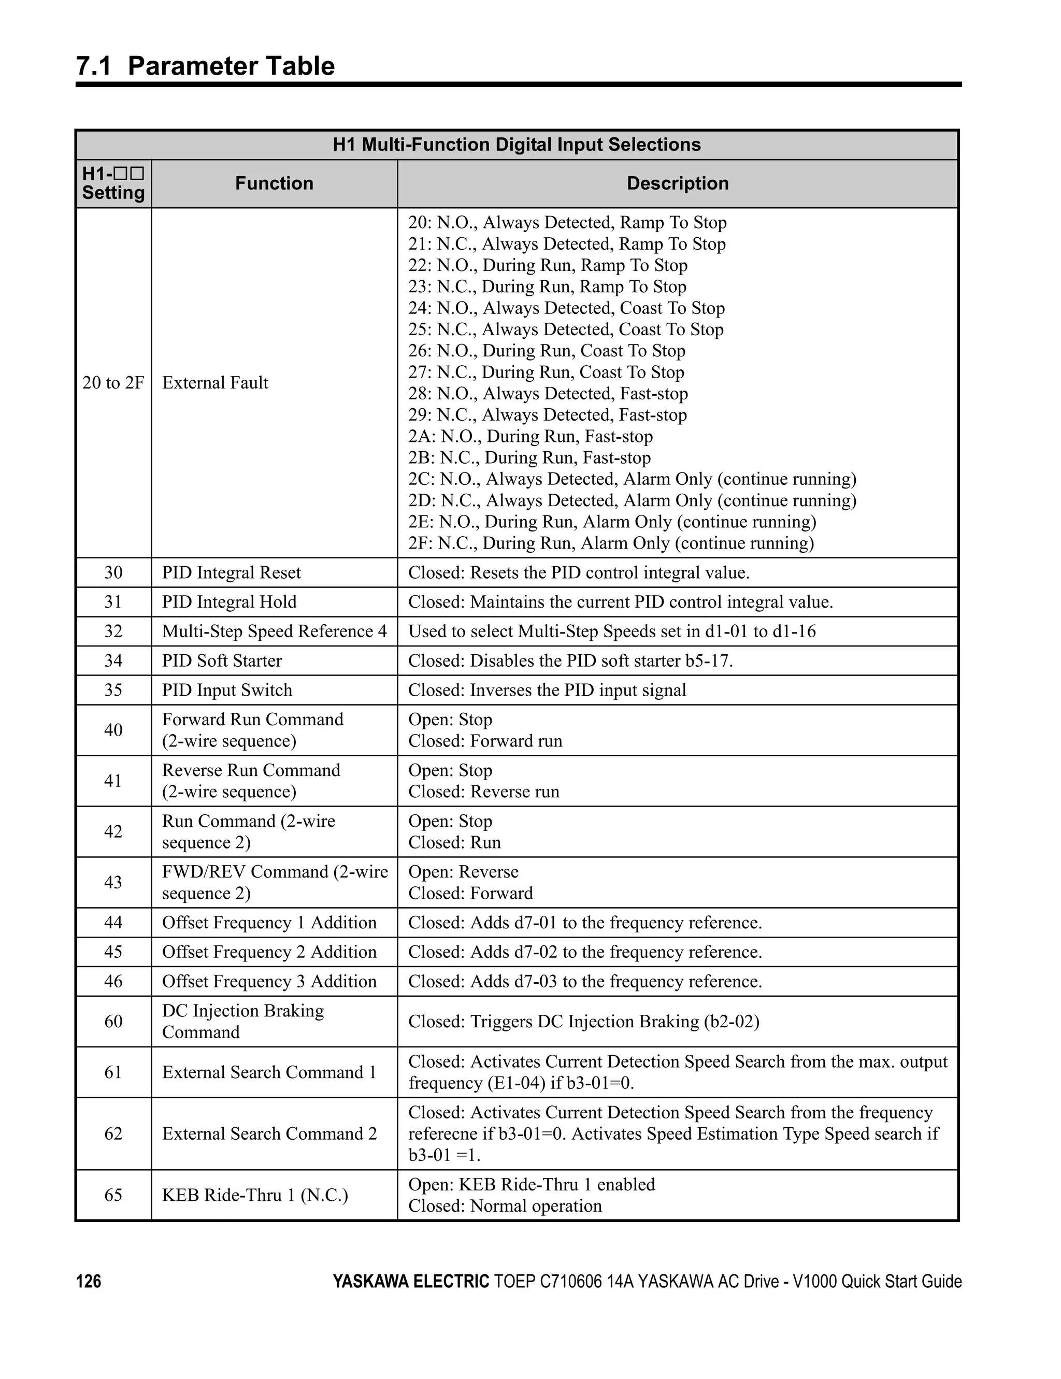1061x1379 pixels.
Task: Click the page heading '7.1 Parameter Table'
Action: [x=205, y=66]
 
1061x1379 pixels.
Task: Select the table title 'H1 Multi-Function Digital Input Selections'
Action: [x=516, y=145]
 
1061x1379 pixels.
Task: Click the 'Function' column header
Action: [x=274, y=183]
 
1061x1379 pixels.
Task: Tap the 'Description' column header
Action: [x=677, y=183]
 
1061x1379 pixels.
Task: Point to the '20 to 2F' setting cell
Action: [x=113, y=383]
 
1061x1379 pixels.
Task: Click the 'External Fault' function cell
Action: [x=216, y=383]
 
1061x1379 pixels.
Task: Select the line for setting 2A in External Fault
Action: [x=530, y=436]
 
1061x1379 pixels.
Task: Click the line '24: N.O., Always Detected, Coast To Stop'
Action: [x=566, y=308]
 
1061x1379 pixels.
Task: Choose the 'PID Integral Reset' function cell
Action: [x=231, y=573]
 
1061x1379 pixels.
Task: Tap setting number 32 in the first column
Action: [x=113, y=631]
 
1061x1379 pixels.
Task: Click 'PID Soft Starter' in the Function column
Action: [x=222, y=660]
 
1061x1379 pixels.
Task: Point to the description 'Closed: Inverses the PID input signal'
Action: [x=547, y=690]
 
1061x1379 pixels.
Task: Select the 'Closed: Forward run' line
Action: [x=485, y=741]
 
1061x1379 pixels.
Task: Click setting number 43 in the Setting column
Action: [x=113, y=882]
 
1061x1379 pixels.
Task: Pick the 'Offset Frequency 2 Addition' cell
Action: [x=269, y=952]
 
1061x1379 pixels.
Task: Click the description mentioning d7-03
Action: [x=585, y=981]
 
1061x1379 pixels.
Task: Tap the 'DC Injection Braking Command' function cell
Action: [x=243, y=1021]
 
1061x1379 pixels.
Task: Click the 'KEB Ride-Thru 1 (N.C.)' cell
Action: [x=254, y=1195]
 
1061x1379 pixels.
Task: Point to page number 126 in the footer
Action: [x=89, y=1282]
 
